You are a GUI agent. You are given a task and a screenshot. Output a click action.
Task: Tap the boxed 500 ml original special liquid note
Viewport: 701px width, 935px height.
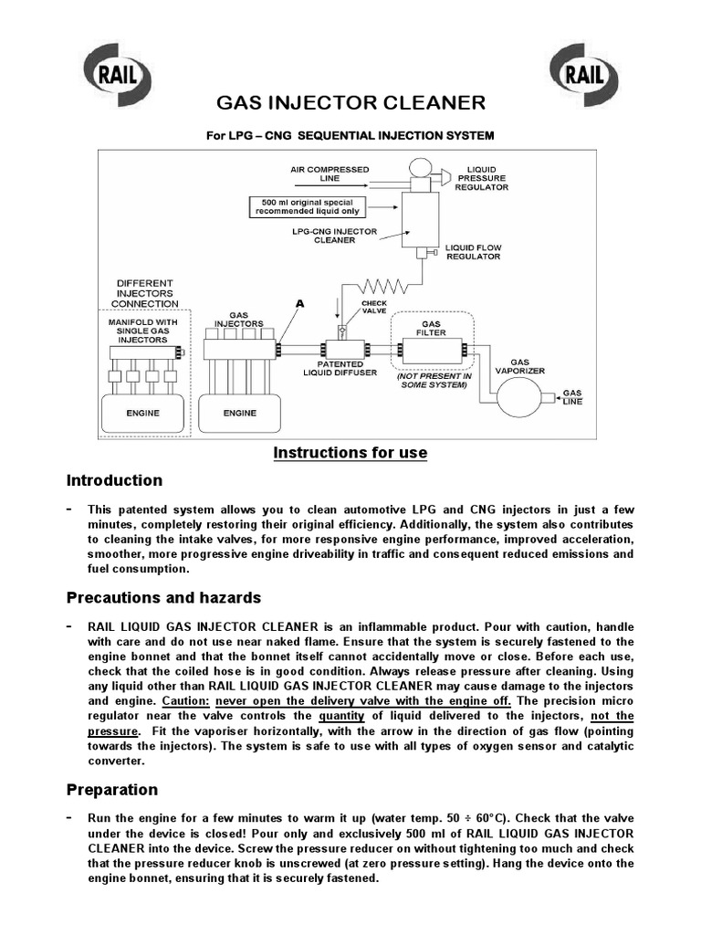click(x=300, y=206)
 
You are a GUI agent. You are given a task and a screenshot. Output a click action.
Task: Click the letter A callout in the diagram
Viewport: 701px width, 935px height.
click(x=298, y=302)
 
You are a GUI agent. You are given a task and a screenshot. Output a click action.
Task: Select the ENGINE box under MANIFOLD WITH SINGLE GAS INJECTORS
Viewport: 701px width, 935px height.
click(x=142, y=413)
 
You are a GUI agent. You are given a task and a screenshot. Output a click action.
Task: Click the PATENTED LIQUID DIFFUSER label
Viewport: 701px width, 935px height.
click(x=340, y=368)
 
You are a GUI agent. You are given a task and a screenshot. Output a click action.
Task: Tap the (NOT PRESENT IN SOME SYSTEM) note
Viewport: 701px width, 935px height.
click(x=434, y=380)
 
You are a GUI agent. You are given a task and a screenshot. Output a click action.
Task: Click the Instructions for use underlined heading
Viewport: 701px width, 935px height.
click(x=350, y=453)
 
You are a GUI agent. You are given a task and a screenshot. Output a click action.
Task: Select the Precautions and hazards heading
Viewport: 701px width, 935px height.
click(x=163, y=598)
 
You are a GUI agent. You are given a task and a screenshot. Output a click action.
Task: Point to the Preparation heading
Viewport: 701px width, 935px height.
click(x=112, y=790)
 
